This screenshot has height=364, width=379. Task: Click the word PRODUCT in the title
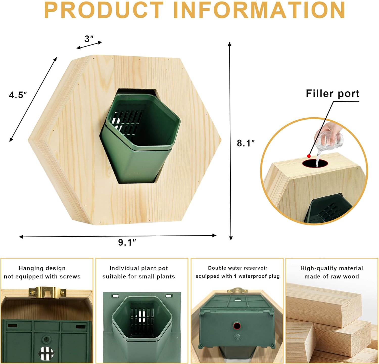click(x=104, y=10)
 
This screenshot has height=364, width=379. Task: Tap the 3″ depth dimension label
click(x=89, y=39)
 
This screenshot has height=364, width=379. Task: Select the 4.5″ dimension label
click(x=18, y=95)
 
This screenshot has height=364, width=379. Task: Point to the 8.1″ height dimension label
click(x=246, y=143)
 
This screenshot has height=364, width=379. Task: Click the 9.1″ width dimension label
click(x=127, y=242)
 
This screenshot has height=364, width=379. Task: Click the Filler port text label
click(x=333, y=94)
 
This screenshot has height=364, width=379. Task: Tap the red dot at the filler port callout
click(x=309, y=156)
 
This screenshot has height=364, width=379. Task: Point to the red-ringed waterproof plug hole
click(x=237, y=326)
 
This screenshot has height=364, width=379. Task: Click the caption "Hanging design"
click(x=42, y=268)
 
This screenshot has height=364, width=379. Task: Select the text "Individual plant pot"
click(x=139, y=268)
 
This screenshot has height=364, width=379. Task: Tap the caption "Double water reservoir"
click(x=238, y=268)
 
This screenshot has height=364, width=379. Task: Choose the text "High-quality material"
click(x=332, y=268)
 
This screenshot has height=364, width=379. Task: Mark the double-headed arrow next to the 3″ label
click(x=89, y=45)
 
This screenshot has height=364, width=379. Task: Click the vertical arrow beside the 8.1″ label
click(x=230, y=141)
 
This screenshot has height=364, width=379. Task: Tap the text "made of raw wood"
click(x=332, y=277)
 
